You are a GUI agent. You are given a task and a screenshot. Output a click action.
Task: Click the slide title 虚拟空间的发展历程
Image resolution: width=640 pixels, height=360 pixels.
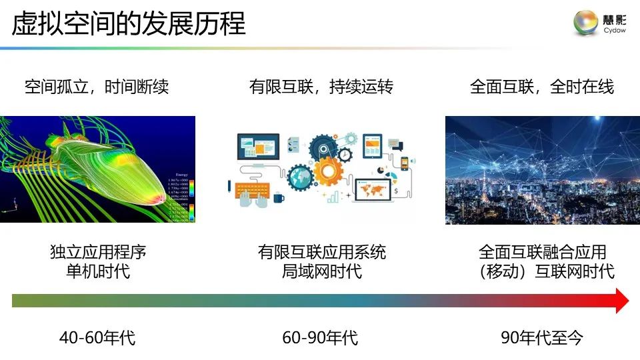pyautogui.click(x=129, y=24)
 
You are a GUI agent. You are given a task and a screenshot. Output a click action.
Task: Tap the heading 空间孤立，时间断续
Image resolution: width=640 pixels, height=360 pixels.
pyautogui.click(x=97, y=87)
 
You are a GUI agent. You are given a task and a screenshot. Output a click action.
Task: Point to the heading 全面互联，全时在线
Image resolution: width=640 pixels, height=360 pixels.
pyautogui.click(x=542, y=87)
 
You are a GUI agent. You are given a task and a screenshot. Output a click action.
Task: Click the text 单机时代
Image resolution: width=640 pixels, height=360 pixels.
pyautogui.click(x=98, y=271)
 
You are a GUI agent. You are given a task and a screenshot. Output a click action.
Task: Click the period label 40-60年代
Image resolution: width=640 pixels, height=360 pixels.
pyautogui.click(x=97, y=338)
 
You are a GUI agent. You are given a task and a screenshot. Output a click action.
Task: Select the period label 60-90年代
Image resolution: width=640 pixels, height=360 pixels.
pyautogui.click(x=320, y=338)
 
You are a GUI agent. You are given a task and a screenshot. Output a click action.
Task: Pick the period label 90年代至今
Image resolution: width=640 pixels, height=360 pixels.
pyautogui.click(x=542, y=338)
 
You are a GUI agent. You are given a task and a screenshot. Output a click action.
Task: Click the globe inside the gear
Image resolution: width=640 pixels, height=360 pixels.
pyautogui.click(x=301, y=179)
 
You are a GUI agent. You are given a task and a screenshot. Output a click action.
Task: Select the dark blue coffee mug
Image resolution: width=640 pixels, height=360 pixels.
pyautogui.click(x=278, y=197)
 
